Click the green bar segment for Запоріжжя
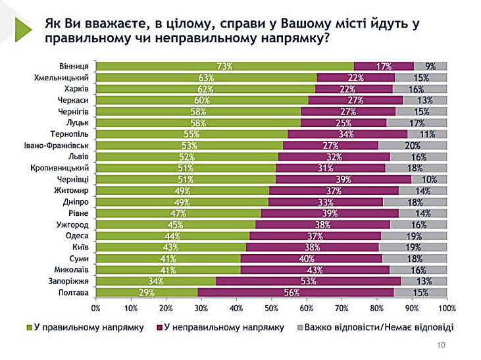click(155, 280)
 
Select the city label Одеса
click(80, 235)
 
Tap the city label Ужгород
click(76, 224)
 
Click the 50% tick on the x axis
click(271, 307)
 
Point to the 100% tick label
click(447, 307)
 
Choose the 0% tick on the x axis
click(96, 307)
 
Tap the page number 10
click(441, 347)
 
